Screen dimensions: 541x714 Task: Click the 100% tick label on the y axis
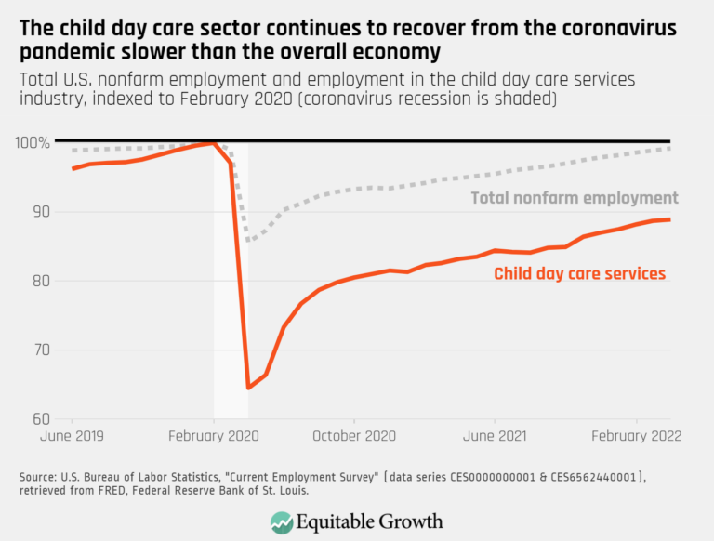[33, 142]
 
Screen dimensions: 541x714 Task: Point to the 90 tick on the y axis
[38, 212]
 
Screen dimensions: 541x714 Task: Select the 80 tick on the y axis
[38, 281]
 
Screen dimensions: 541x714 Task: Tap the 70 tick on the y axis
[38, 350]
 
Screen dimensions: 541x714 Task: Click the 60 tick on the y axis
[38, 419]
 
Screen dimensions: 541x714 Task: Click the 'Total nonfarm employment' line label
[575, 198]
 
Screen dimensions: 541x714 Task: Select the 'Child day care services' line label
[580, 273]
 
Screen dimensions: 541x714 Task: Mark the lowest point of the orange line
[248, 388]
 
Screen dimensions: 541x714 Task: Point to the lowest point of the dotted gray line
[248, 241]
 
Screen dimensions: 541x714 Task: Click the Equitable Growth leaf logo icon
[281, 521]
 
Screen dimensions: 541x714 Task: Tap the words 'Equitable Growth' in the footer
[370, 521]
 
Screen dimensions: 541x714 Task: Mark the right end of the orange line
[670, 219]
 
